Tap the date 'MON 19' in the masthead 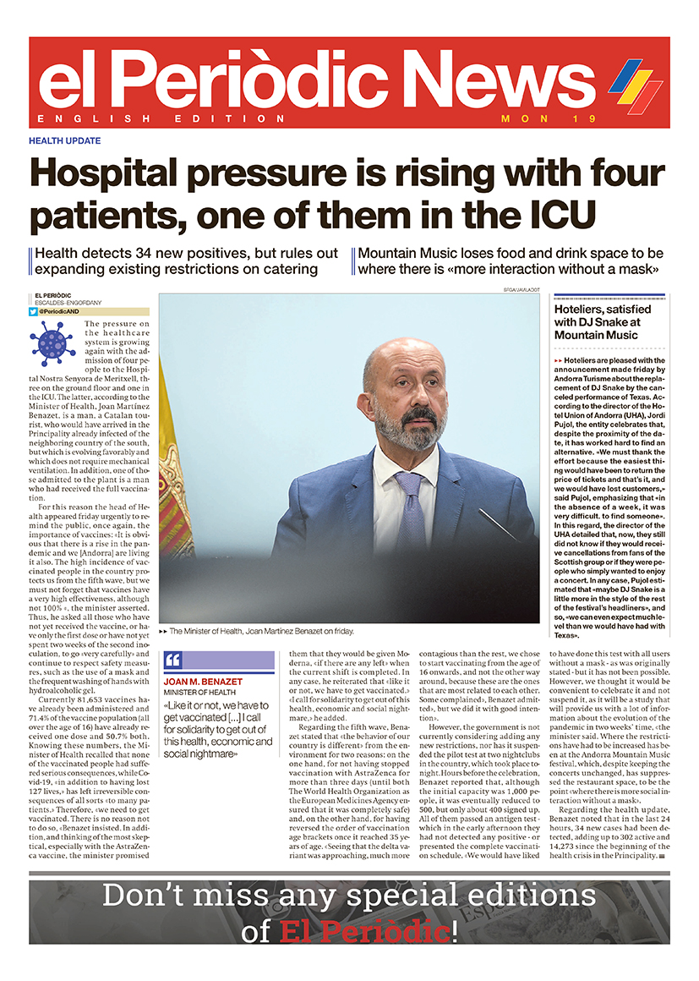point(538,118)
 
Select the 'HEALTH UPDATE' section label point(64,140)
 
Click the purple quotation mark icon point(172,660)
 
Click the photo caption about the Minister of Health point(262,631)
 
